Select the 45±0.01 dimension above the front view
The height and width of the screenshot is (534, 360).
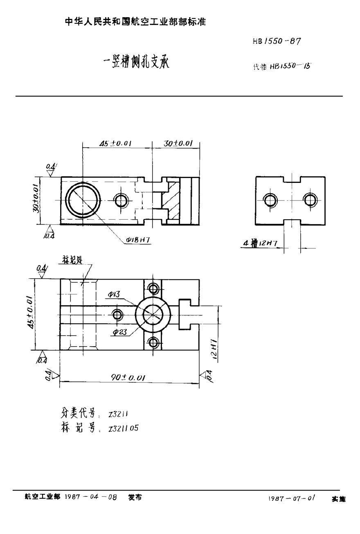(x=115, y=143)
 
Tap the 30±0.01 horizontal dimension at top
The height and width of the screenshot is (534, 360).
(x=178, y=143)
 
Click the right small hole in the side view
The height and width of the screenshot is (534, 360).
(x=310, y=201)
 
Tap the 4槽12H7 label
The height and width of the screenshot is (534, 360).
(x=261, y=244)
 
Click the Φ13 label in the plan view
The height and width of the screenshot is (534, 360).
(x=114, y=295)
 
